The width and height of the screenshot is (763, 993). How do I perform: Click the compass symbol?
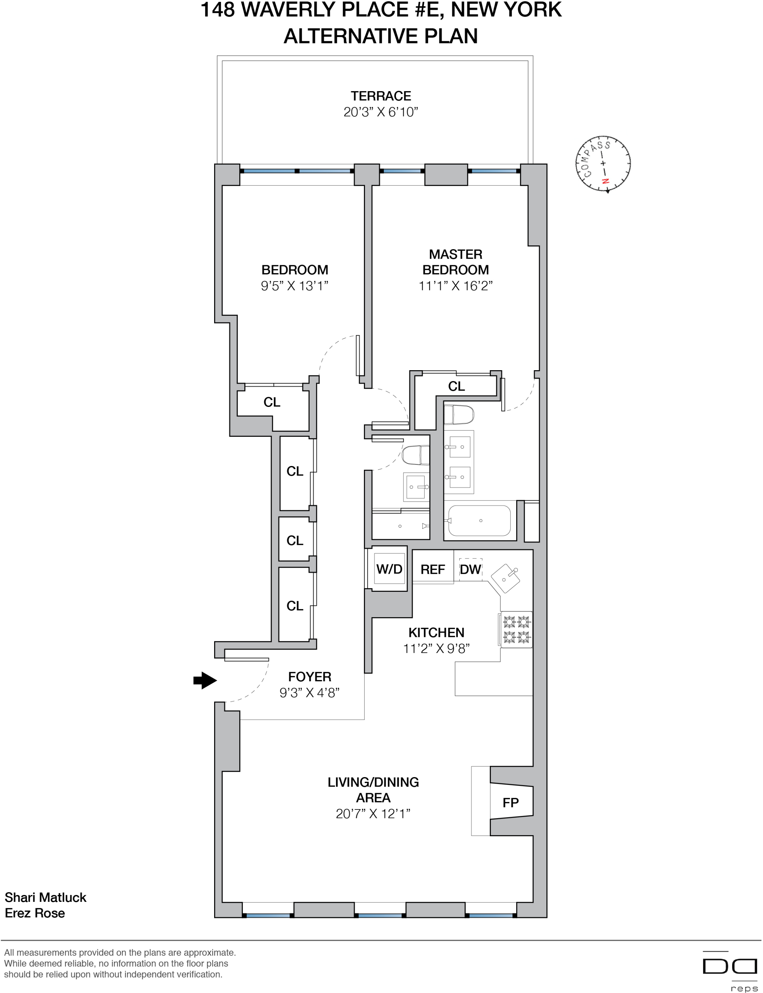coord(603,164)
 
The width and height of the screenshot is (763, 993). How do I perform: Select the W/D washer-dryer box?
coord(389,568)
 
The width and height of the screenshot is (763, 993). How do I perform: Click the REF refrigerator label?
coord(432,569)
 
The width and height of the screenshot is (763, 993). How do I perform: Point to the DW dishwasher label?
coord(470,569)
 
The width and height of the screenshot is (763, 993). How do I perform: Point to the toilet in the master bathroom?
coord(459,414)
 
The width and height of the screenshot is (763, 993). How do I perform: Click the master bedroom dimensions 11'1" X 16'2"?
coord(456,285)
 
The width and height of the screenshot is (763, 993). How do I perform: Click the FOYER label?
coord(310,677)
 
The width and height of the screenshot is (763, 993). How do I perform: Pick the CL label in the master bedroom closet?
coord(457,386)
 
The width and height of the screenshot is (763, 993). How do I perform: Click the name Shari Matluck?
coord(46,897)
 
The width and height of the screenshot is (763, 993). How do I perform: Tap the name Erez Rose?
coord(35,913)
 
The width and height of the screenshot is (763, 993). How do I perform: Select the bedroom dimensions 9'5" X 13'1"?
coord(294,285)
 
